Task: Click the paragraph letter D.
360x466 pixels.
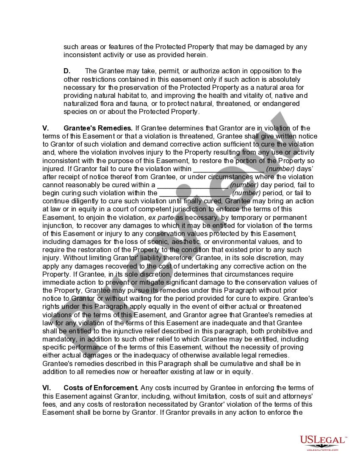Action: click(67, 71)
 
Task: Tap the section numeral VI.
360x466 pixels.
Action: click(47, 388)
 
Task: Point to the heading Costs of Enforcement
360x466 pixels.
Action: click(101, 388)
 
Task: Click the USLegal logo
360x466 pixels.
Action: click(324, 442)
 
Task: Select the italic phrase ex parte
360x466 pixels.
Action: click(161, 218)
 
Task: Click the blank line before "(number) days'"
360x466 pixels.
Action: click(229, 169)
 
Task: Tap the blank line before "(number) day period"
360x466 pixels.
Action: click(193, 185)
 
